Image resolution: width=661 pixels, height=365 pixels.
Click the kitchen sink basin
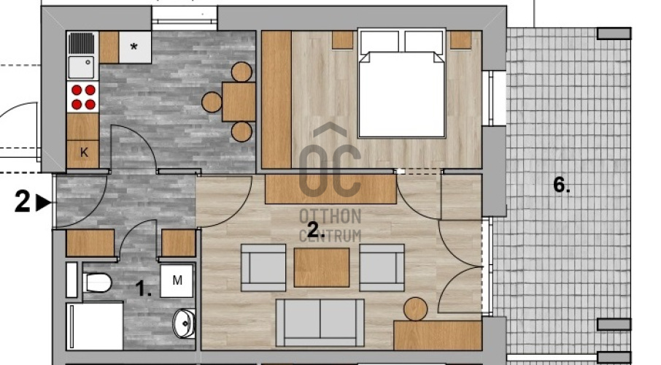click(x=81, y=67)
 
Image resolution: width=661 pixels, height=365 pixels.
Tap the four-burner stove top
click(x=83, y=97)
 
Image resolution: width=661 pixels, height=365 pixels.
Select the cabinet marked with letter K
click(x=83, y=153)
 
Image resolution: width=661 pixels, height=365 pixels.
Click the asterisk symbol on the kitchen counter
click(x=134, y=47)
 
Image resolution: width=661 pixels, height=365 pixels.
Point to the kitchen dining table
click(x=239, y=102)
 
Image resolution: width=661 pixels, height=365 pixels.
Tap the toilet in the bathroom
click(x=97, y=283)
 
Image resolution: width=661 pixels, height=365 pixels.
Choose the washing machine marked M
click(x=177, y=280)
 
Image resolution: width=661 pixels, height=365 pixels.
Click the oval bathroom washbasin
click(x=185, y=323)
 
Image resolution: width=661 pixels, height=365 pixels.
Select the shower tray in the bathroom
click(x=95, y=326)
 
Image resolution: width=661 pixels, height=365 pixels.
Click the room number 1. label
click(x=143, y=290)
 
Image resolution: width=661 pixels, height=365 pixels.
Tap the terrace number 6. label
click(x=562, y=185)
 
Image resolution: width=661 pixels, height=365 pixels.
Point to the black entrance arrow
click(x=44, y=202)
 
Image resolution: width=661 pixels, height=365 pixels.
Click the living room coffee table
click(x=322, y=267)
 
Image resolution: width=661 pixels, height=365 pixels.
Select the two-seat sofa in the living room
click(x=320, y=323)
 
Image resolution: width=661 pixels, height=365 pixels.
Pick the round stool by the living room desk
click(x=416, y=309)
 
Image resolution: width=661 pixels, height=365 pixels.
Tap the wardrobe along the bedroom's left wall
click(x=277, y=99)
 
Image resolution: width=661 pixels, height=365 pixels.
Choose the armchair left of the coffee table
click(x=263, y=267)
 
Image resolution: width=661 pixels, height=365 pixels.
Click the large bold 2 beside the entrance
click(x=23, y=201)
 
